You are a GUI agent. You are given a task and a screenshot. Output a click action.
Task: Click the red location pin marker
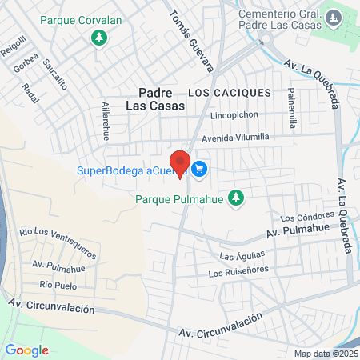(x=180, y=163)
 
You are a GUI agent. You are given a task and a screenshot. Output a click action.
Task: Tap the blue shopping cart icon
(x=200, y=169)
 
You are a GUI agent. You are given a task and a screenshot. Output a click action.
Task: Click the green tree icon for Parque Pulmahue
(x=235, y=197)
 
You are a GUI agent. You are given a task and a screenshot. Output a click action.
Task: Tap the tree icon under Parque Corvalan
(x=98, y=38)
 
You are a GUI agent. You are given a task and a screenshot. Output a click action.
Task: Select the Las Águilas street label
(x=238, y=256)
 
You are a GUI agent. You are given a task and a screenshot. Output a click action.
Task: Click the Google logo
(x=26, y=350)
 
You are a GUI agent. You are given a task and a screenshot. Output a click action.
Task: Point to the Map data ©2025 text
(x=326, y=354)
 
